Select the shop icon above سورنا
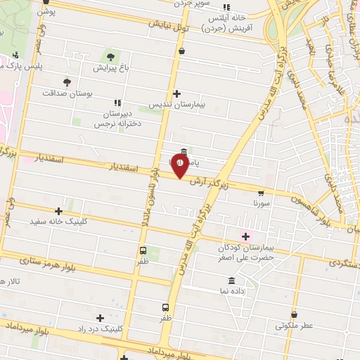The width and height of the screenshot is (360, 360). [x=262, y=192]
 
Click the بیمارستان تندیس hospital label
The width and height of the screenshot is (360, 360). [x=176, y=104]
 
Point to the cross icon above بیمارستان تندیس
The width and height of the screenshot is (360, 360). [x=176, y=94]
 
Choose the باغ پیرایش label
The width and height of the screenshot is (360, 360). [x=110, y=68]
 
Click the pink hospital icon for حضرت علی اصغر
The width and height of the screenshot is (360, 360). [x=245, y=236]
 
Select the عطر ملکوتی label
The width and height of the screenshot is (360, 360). [x=293, y=326]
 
